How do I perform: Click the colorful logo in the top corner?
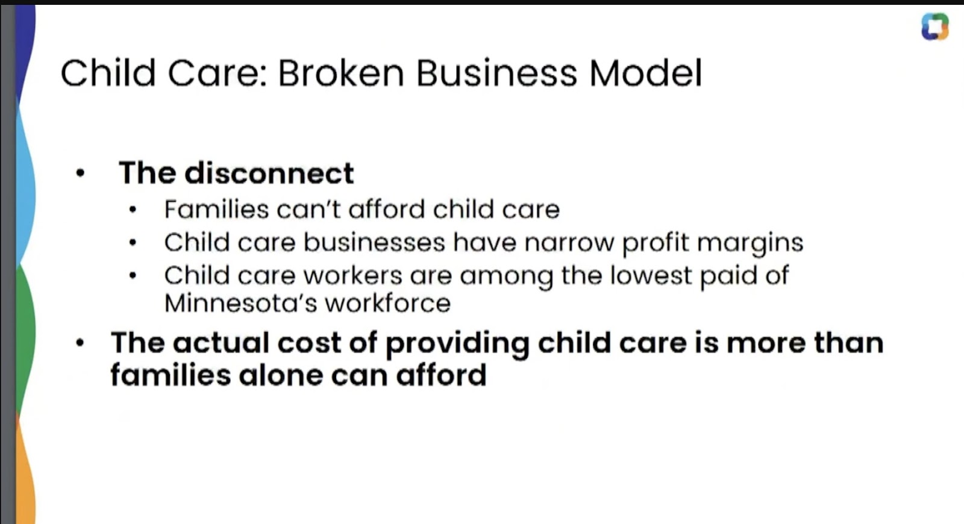(x=934, y=27)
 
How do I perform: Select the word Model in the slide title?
(x=645, y=73)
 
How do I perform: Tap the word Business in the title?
(x=496, y=73)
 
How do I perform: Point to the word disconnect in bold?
(x=269, y=173)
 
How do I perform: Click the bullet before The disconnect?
(x=80, y=173)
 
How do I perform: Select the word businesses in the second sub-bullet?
(x=374, y=242)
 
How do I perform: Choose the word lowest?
(x=651, y=275)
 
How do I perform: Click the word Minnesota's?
(x=240, y=304)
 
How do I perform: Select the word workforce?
(x=388, y=304)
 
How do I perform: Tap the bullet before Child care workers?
(x=133, y=275)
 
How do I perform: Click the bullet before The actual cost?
(x=80, y=343)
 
